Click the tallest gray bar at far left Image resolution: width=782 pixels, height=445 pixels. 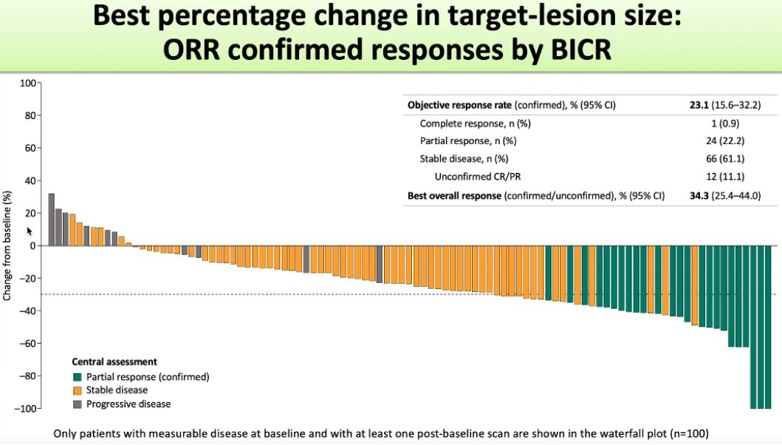[x=52, y=220]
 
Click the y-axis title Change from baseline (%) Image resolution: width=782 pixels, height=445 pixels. [x=8, y=245]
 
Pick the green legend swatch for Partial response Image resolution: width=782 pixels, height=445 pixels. [x=77, y=377]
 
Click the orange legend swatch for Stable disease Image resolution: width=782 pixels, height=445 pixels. [x=77, y=390]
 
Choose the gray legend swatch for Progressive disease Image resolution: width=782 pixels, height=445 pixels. [x=77, y=404]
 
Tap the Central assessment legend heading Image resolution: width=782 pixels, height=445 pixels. [x=114, y=362]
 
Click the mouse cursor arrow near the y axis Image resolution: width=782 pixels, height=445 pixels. [x=30, y=231]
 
